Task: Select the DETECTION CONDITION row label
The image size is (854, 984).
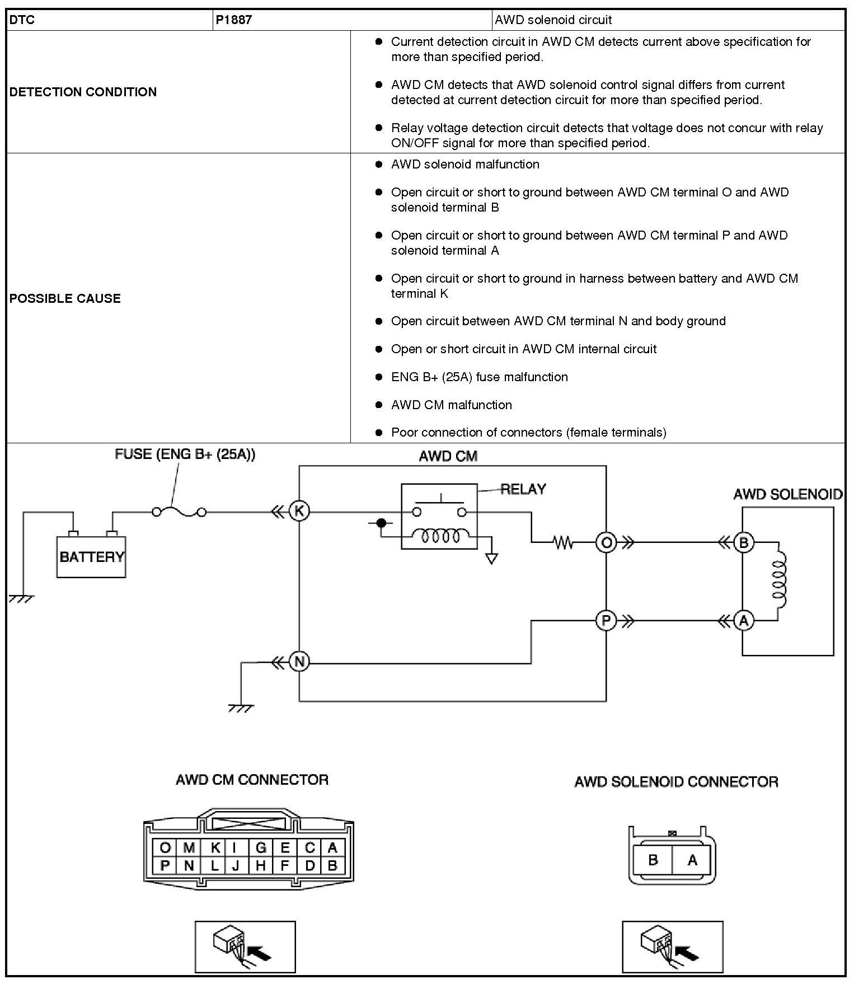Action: (83, 92)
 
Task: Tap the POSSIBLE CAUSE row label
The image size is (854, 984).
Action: (65, 298)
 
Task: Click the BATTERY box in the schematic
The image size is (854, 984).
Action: (91, 557)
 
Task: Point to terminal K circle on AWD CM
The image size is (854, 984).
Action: (299, 511)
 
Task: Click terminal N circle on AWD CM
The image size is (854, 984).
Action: (299, 662)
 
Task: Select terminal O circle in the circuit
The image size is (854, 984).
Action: (606, 542)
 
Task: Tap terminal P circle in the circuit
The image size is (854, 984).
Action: (606, 621)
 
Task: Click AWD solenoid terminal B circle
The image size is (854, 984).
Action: (744, 542)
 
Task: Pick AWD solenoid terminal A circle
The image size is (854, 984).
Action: (744, 621)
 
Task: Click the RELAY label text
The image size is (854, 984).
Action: (523, 489)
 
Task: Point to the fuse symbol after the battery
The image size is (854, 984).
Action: (179, 512)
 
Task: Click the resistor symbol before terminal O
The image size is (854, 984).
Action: (563, 542)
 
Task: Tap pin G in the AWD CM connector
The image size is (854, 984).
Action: (261, 848)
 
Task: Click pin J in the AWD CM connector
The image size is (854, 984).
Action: (236, 866)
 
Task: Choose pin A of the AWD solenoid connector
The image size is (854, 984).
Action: (692, 860)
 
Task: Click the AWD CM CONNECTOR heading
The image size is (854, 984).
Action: (252, 780)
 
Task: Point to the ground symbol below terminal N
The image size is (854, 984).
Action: (241, 707)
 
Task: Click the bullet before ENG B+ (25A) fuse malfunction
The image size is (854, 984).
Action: (379, 377)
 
